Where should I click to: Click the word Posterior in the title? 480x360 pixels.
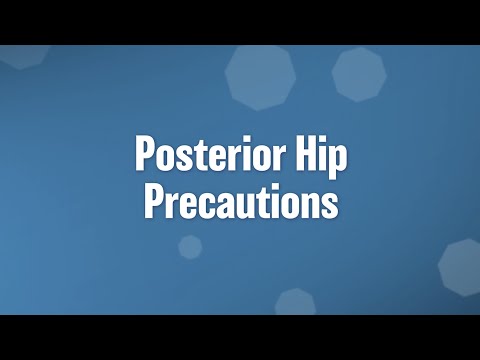207,157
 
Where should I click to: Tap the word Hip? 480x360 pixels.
319,157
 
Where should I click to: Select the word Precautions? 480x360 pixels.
241,201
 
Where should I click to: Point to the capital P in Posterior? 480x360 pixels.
145,157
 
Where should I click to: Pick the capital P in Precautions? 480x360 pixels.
153,201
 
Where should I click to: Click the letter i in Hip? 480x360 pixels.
322,157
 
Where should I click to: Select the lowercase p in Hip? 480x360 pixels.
338,163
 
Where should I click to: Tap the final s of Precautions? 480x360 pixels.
329,204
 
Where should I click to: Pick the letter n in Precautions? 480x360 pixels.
311,204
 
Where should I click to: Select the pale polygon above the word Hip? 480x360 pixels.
359,74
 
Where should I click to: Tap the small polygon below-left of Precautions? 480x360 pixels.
190,246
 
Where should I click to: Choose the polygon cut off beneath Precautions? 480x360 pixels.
295,302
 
